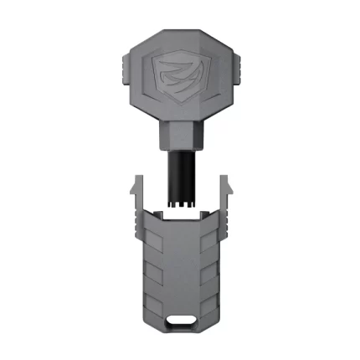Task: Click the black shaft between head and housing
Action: pos(180,172)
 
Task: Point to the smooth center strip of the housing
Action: pos(180,268)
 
